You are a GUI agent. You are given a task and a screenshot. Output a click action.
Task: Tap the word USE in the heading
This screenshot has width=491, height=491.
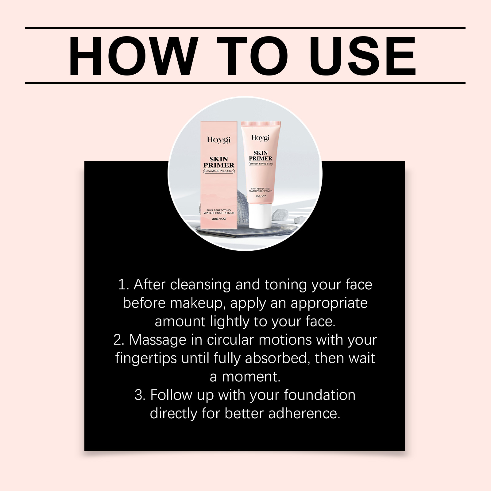363,56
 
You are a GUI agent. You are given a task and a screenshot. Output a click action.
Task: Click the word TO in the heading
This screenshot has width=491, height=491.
253,56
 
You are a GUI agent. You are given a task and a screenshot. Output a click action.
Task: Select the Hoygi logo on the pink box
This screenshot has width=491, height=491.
219,140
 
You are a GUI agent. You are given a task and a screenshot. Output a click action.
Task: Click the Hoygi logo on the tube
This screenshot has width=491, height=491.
261,138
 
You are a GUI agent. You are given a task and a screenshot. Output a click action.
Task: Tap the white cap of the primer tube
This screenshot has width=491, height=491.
261,216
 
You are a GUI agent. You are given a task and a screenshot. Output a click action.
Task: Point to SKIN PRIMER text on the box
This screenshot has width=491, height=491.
219,162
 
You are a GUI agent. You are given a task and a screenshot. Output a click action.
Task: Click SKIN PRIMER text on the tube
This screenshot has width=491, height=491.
261,156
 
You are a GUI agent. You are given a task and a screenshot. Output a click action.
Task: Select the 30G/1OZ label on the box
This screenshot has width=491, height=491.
219,219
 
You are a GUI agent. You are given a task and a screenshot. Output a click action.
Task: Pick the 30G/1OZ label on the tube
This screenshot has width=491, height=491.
261,196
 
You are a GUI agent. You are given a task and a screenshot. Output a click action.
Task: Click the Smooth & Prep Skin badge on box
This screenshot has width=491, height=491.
219,171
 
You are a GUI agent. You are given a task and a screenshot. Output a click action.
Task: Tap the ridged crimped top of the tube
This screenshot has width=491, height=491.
261,124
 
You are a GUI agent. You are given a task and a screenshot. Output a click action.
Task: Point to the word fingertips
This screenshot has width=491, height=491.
146,358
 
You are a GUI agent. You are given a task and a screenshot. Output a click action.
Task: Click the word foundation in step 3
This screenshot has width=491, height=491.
320,395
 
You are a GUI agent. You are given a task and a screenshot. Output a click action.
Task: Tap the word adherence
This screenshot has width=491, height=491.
304,413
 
